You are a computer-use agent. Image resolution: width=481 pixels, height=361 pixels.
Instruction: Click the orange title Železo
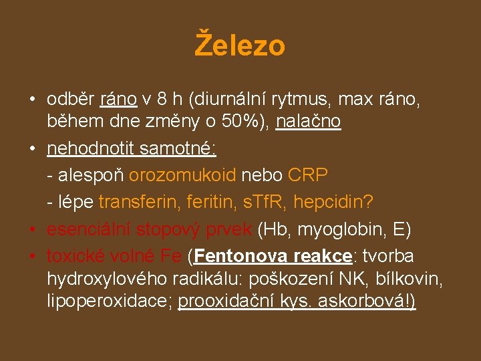240,45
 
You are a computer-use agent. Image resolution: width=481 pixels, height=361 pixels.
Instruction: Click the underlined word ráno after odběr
118,100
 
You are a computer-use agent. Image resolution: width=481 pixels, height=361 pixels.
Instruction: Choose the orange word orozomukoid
182,175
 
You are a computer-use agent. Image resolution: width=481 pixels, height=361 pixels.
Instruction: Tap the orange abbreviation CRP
308,175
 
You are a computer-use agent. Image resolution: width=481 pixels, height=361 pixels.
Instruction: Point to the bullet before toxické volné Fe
32,256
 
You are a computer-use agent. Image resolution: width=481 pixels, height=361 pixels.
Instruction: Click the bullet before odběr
32,100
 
